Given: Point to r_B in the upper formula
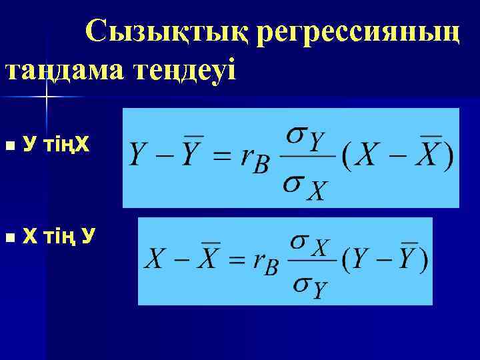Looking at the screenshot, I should pyautogui.click(x=255, y=160).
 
